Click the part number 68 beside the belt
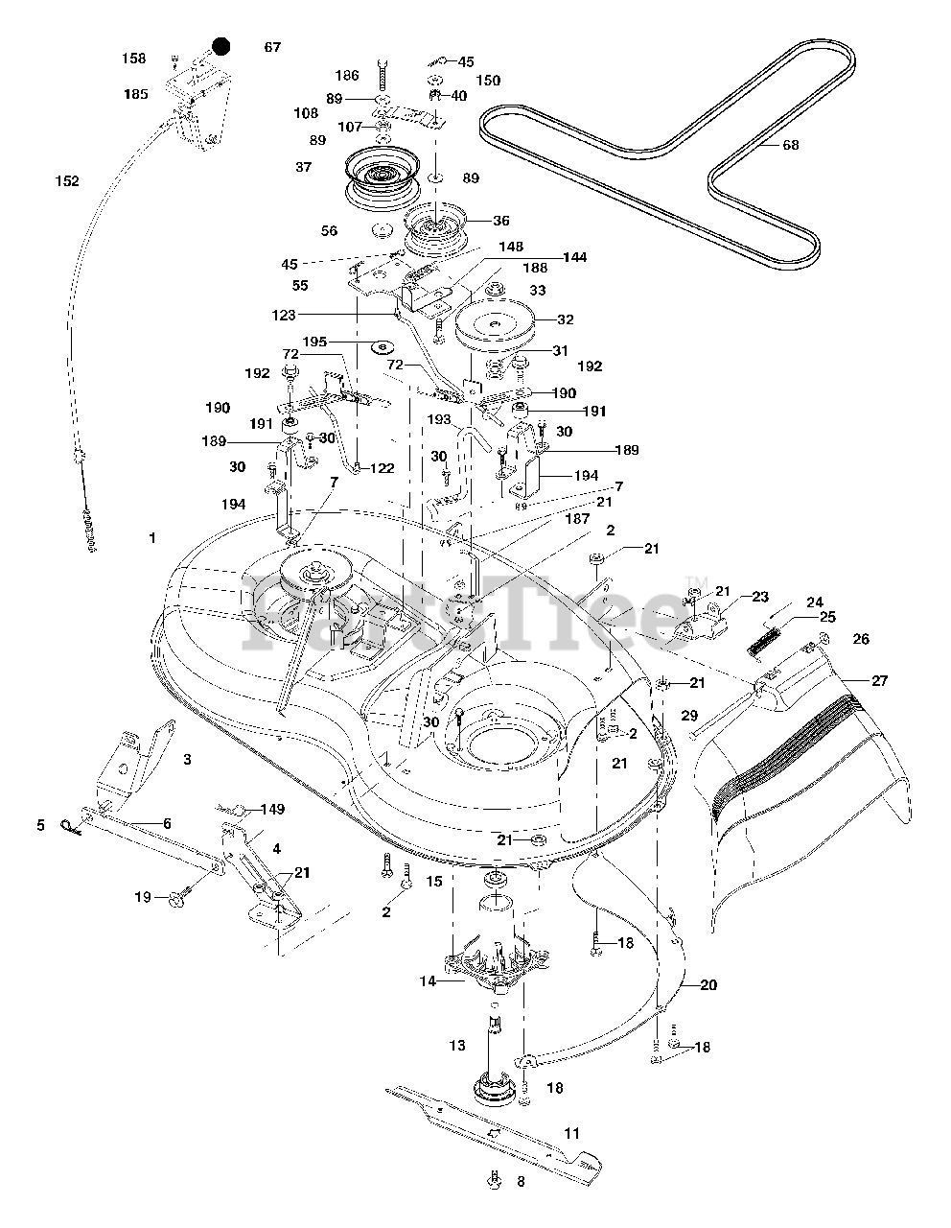coord(790,147)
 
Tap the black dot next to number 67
coord(221,46)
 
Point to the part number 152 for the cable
coord(67,181)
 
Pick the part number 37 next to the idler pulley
coord(276,167)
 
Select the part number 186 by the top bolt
coord(346,75)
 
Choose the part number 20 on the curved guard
coord(708,985)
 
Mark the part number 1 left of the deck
coord(151,538)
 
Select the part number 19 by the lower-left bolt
coord(142,897)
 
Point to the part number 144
coord(575,258)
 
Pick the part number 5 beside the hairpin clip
coord(41,824)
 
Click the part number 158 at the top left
coord(134,59)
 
